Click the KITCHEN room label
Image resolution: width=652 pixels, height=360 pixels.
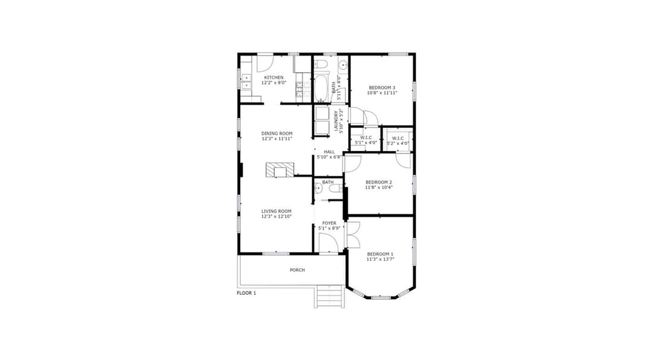(x=273, y=77)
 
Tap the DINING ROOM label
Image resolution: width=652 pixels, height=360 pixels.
(x=276, y=133)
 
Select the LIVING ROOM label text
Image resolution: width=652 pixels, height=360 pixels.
(x=276, y=211)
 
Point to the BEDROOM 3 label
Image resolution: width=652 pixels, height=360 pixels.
(x=383, y=88)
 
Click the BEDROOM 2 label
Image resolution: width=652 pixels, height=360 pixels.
(x=379, y=182)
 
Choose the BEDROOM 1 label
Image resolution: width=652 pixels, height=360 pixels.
(x=380, y=254)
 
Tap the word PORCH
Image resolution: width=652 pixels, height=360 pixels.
(x=297, y=270)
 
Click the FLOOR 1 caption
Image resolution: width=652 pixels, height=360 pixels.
(x=246, y=293)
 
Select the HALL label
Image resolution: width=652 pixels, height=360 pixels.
(x=329, y=152)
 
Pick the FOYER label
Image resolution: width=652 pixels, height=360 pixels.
(x=329, y=223)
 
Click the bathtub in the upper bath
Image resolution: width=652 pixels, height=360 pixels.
(x=321, y=88)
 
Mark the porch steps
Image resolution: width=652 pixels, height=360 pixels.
(x=330, y=297)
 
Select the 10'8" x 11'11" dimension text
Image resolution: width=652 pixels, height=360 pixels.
(x=383, y=93)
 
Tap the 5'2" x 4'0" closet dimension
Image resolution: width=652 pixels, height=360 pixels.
(x=398, y=143)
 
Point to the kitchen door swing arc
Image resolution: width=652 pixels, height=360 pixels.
(x=266, y=63)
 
